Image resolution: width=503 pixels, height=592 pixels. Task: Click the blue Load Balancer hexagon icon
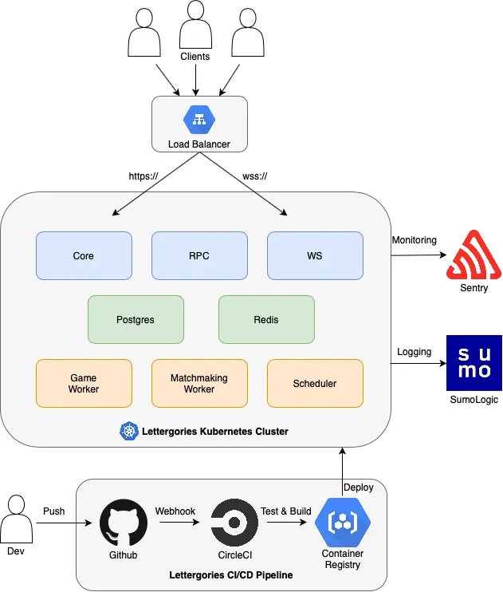point(199,120)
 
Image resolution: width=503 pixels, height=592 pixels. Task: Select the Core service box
point(84,255)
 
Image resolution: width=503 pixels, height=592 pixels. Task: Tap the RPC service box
point(199,255)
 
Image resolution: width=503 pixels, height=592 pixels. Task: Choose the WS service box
point(315,255)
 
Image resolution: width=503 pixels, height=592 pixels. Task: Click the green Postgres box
point(136,319)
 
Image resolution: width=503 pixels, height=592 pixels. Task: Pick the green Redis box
point(266,319)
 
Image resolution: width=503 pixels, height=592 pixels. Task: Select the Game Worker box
point(84,383)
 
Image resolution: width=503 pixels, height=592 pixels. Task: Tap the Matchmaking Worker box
point(199,383)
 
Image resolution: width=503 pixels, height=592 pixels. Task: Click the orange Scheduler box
point(315,383)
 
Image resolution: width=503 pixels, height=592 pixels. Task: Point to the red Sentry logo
point(474,255)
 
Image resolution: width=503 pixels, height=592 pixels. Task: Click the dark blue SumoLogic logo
point(474,363)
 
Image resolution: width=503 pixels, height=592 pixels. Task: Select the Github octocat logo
point(124,523)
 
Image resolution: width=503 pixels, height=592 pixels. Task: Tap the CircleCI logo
point(234,523)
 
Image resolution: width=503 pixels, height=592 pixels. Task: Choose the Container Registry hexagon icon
point(343,522)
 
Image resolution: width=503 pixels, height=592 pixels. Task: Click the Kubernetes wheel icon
point(129,431)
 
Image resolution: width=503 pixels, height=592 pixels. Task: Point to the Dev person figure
point(16,519)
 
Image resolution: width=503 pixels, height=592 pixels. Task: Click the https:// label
point(143,176)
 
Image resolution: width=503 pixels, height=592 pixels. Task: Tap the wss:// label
point(255,176)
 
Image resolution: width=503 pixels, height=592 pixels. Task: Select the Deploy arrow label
point(359,487)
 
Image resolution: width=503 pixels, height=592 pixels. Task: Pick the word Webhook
point(175,511)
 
